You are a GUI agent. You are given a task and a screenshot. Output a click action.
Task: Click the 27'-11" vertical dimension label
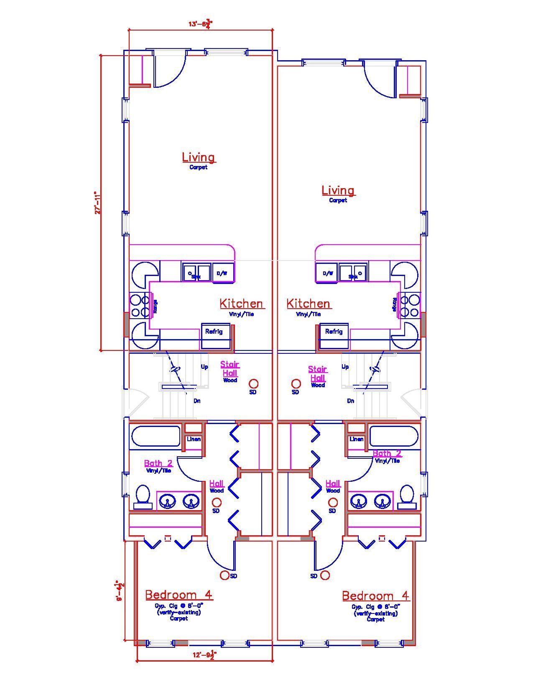97,203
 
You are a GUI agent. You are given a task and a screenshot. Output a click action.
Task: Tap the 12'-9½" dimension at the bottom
204,656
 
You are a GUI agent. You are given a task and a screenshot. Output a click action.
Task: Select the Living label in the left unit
199,158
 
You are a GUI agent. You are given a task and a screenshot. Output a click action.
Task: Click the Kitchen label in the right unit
308,304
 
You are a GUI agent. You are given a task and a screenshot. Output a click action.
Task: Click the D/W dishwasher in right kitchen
327,273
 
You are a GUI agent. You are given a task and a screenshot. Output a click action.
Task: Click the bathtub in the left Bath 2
156,437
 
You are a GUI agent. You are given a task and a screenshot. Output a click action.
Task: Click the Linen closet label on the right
357,439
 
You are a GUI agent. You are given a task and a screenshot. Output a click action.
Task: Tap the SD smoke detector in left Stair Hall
253,383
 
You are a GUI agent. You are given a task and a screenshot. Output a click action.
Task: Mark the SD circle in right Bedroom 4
325,575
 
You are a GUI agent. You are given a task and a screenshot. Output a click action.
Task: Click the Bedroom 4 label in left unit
179,595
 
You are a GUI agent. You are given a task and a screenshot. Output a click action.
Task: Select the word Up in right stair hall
345,367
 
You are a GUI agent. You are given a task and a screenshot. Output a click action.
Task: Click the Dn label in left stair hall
197,401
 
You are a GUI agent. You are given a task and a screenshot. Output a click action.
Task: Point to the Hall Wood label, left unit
217,486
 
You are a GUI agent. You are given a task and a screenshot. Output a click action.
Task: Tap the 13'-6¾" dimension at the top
200,24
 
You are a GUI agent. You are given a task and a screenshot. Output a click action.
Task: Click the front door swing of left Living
171,71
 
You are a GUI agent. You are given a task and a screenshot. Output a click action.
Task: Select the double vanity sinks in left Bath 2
179,501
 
